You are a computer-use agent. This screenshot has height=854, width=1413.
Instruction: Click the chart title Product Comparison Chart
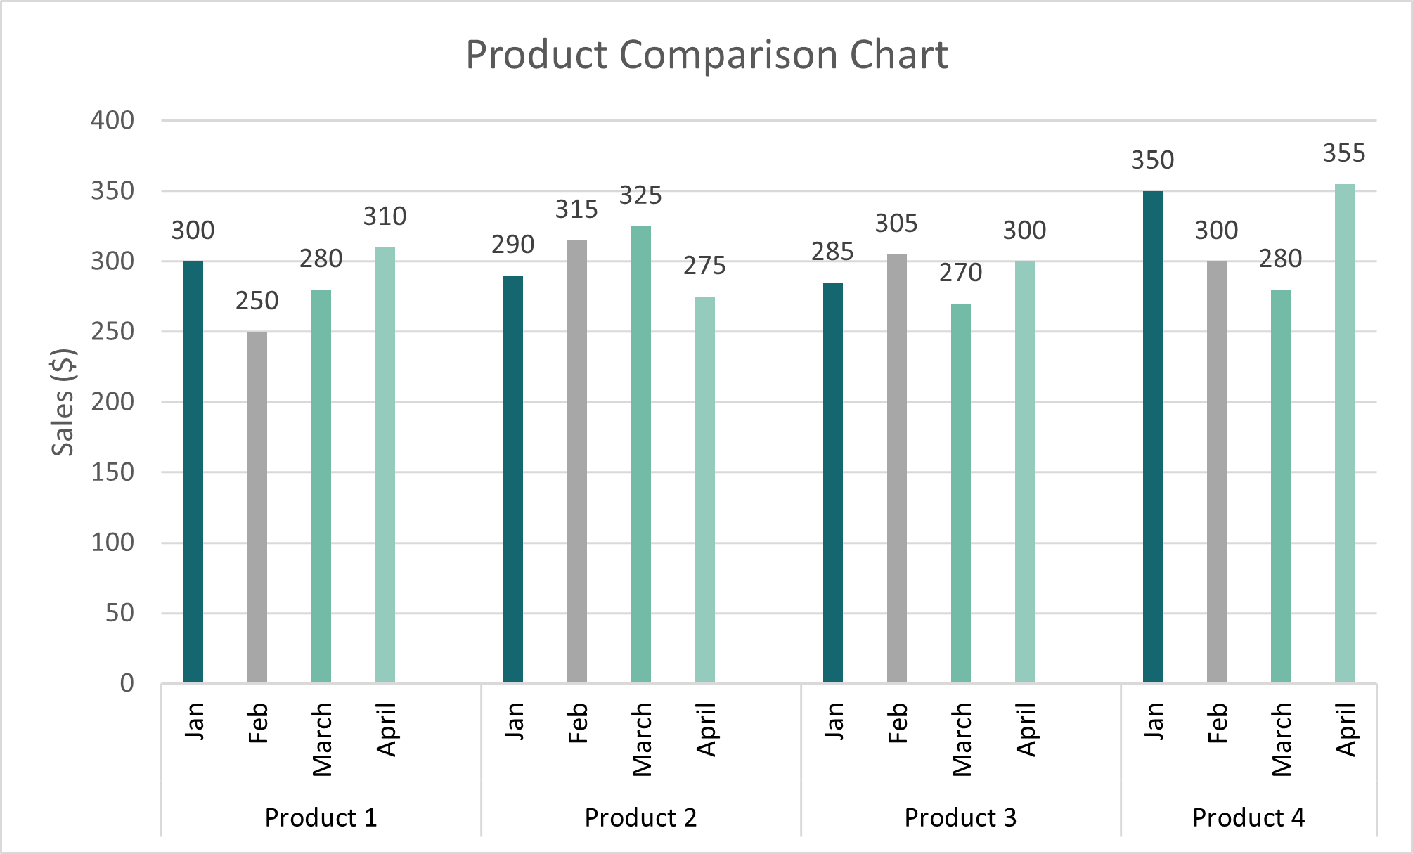pos(706,55)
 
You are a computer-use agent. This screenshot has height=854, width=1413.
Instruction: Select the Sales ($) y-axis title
pos(63,402)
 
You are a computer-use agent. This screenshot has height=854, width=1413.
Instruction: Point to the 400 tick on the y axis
pos(112,121)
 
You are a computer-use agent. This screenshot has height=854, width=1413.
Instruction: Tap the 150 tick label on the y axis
pos(112,472)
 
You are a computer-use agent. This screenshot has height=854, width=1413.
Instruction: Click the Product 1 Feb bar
pos(257,506)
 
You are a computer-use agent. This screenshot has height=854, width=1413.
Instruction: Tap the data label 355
pos(1344,153)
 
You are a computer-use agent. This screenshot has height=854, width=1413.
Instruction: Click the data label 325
pos(640,195)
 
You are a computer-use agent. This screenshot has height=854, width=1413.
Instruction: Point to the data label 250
pos(257,301)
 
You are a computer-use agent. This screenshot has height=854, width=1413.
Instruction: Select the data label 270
pos(960,273)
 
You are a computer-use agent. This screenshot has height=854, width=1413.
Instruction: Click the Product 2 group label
pos(640,817)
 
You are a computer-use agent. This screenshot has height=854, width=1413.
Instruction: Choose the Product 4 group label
pos(1249,817)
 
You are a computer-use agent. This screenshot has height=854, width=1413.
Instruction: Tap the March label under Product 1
pos(322,739)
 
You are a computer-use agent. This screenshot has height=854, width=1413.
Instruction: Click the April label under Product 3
pos(1026,730)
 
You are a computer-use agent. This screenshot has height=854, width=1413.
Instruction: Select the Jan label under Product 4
pos(1154,721)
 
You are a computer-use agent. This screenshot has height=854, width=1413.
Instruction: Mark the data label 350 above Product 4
pos(1152,160)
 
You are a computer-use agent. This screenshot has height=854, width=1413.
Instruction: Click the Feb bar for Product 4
pos(1217,472)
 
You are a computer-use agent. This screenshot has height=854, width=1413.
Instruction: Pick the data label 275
pos(704,266)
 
